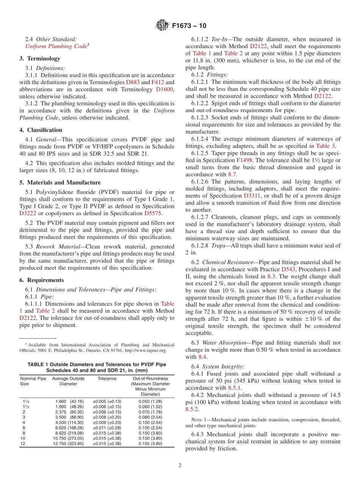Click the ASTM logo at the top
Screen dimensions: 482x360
click(162, 26)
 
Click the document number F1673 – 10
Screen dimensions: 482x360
click(189, 26)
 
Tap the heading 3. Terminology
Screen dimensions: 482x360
click(40, 58)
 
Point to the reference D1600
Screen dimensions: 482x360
click(164, 89)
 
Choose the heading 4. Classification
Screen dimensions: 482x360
click(41, 130)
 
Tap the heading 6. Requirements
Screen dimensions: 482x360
click(42, 280)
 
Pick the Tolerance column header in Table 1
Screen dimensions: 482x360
click(107, 379)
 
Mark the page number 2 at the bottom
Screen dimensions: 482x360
click(180, 466)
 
